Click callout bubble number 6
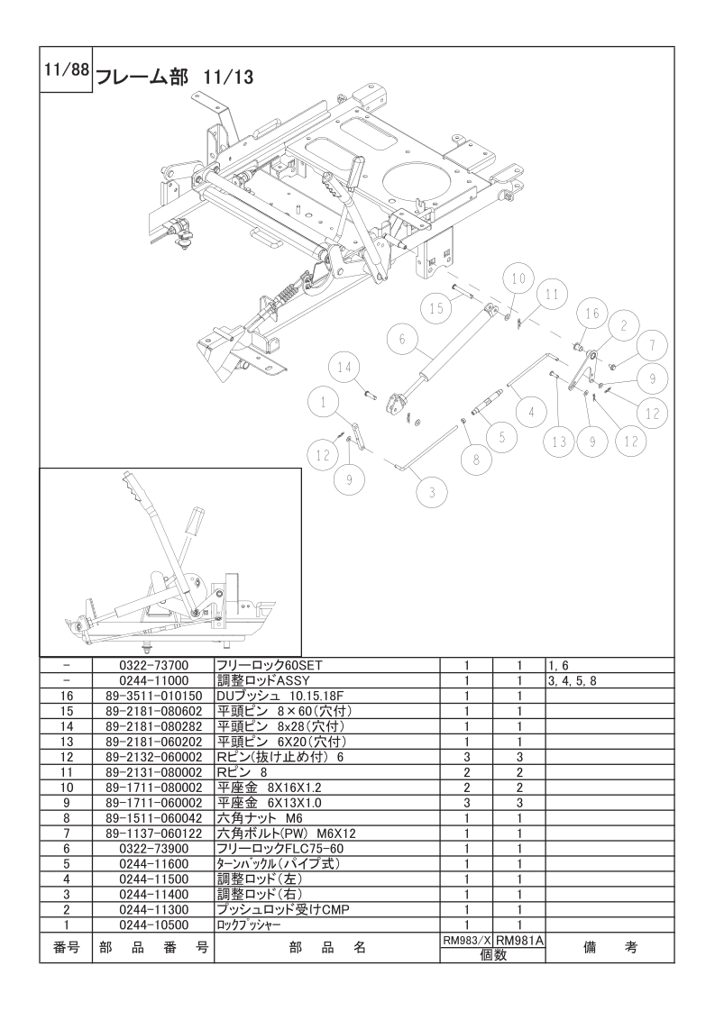(x=403, y=341)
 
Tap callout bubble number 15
(x=436, y=308)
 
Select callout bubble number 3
(x=432, y=492)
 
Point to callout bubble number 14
(x=344, y=367)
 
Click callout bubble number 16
(x=591, y=314)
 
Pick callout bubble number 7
(x=651, y=346)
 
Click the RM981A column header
(x=520, y=939)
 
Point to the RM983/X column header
(x=466, y=939)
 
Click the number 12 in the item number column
(x=66, y=757)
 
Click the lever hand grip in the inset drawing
(x=194, y=523)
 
